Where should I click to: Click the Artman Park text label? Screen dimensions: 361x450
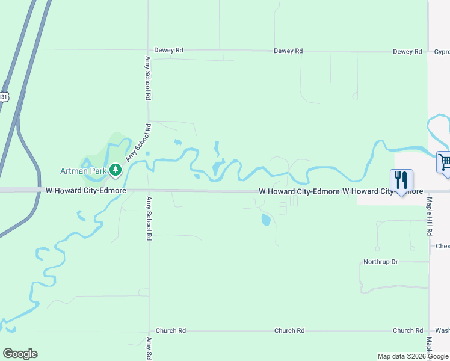[83, 171]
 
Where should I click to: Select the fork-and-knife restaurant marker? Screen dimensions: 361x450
[401, 180]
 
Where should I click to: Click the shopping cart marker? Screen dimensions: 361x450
[444, 162]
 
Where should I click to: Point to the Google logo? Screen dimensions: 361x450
[20, 354]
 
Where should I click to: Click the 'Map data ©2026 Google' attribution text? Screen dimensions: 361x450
[413, 356]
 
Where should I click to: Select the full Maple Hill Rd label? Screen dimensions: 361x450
[430, 216]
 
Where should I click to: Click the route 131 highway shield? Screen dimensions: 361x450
[4, 97]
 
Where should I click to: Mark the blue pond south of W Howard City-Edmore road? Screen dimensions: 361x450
[266, 220]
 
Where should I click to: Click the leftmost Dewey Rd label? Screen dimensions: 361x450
[168, 51]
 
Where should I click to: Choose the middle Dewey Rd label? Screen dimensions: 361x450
[288, 51]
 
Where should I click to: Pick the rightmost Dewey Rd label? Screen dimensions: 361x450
[407, 52]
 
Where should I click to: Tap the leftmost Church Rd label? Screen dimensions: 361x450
[170, 331]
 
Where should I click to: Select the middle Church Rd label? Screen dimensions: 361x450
[289, 331]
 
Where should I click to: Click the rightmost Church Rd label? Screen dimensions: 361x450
[408, 330]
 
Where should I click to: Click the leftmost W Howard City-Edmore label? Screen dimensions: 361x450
[86, 190]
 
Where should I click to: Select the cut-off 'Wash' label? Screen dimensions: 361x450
[442, 330]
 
